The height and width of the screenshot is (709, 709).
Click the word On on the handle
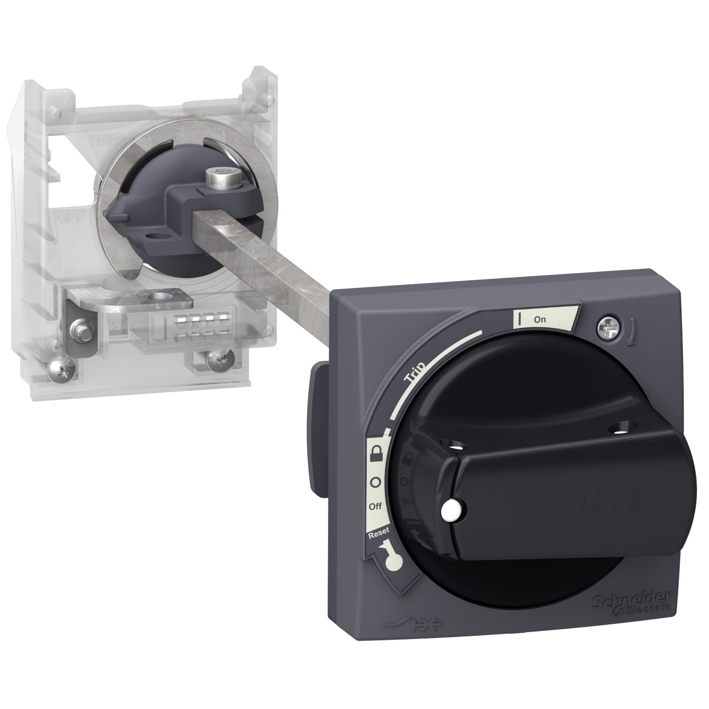click(539, 320)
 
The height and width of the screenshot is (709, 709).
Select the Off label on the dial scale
click(375, 506)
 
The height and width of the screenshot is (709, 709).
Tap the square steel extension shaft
click(265, 246)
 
